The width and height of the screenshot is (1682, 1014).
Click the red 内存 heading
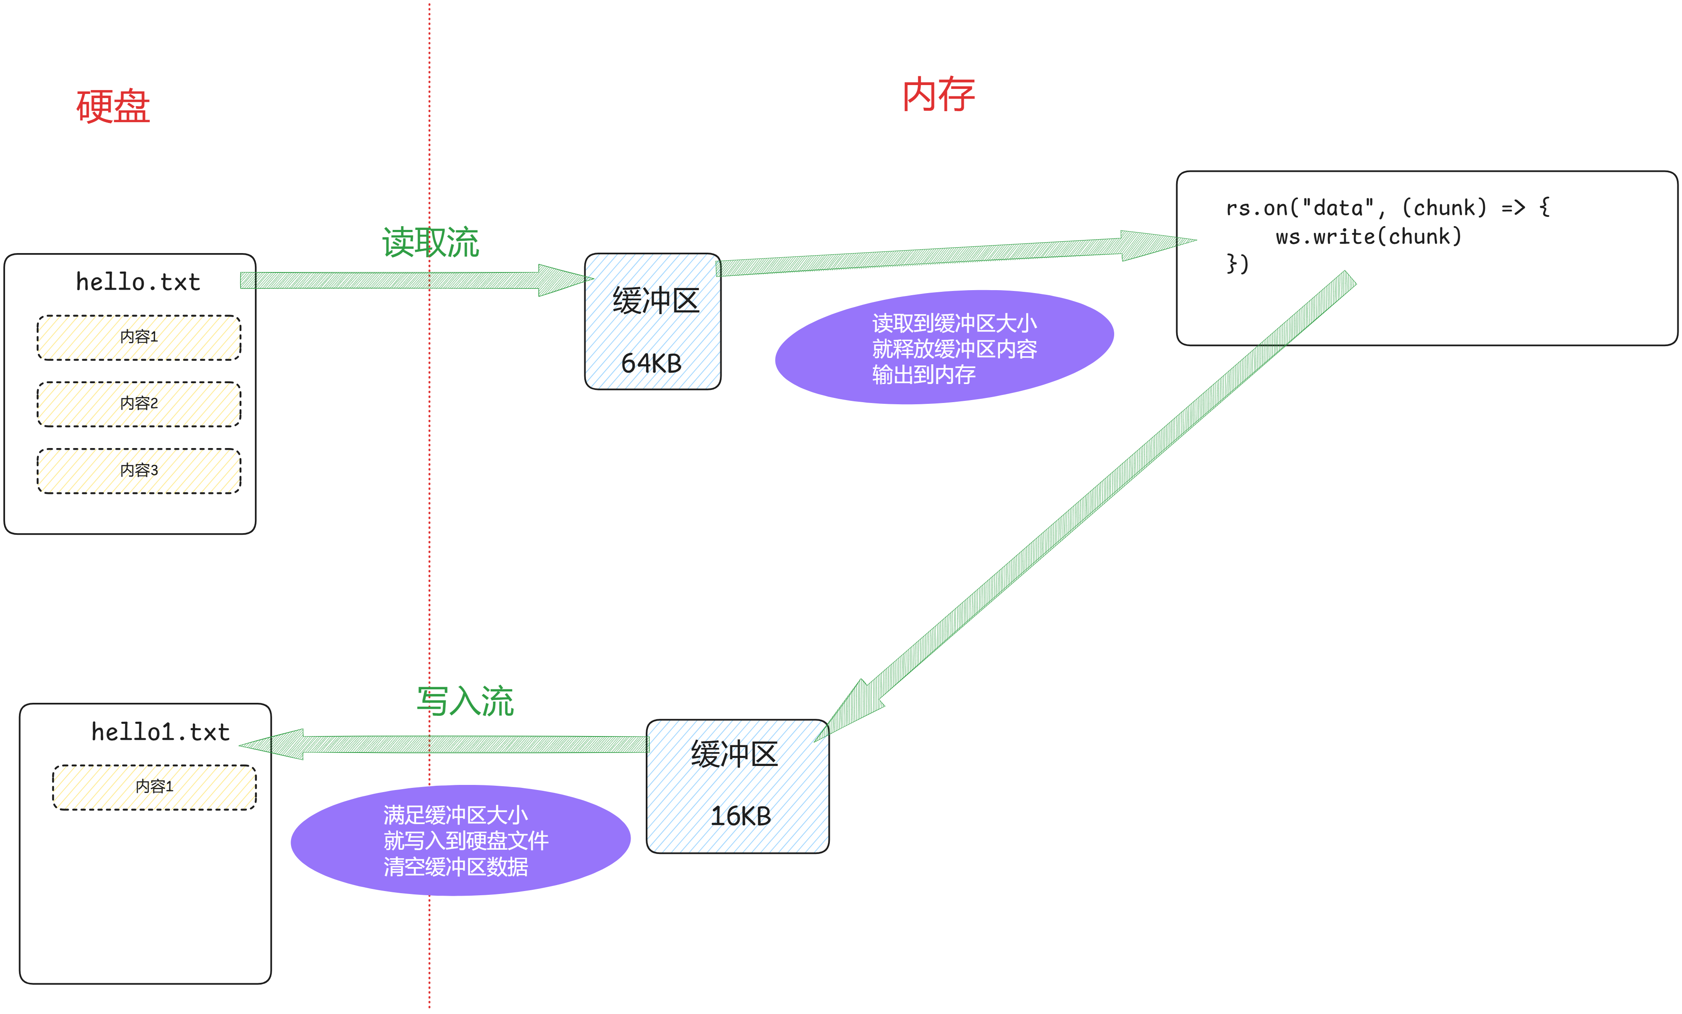pos(938,94)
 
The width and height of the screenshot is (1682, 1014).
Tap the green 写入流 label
pos(465,701)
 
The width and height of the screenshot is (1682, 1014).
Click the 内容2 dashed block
pos(139,404)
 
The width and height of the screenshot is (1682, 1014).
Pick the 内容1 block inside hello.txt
pos(139,337)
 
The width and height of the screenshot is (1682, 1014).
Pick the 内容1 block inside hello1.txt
pos(154,787)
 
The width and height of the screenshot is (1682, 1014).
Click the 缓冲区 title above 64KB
pos(655,301)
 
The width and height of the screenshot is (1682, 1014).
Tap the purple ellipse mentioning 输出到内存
pos(944,347)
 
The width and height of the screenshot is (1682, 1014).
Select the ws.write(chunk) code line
pos(1368,237)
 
